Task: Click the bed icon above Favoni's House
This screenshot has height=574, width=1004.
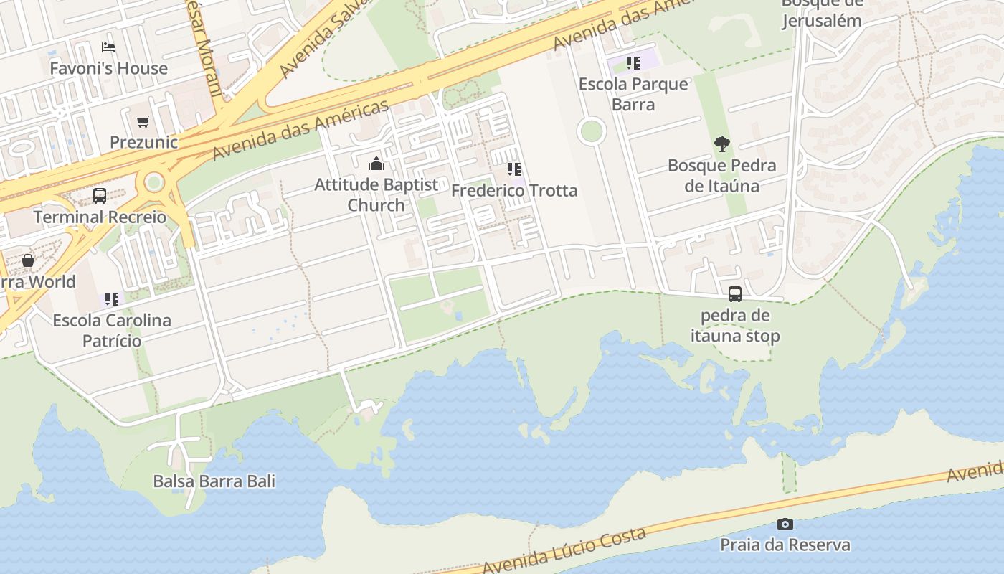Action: pos(108,47)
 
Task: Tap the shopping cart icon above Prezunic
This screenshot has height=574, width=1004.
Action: pos(143,121)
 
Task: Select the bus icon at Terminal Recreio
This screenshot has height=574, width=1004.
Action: pos(100,195)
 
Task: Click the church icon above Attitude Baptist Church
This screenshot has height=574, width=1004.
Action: pos(376,164)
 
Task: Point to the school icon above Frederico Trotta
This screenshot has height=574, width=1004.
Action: pos(513,169)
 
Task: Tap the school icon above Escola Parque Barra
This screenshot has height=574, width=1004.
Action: pos(633,63)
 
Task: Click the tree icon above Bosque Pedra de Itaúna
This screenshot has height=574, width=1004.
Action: pos(721,144)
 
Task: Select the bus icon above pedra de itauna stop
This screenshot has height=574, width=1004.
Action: pos(735,293)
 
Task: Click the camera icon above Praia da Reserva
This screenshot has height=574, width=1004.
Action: pos(785,524)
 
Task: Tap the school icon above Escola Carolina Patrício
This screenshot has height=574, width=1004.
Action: pos(111,298)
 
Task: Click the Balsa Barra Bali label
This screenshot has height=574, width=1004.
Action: pos(214,481)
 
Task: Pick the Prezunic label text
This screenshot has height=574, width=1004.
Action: pos(143,142)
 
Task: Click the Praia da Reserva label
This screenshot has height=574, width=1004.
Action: pos(785,545)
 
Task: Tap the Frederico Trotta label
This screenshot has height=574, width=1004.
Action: pos(514,191)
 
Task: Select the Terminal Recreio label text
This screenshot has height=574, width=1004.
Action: pos(100,217)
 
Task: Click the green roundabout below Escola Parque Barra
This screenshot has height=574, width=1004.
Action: pos(591,131)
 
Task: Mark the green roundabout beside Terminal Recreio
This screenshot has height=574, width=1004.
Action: pos(153,182)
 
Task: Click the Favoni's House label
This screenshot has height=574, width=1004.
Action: pos(108,68)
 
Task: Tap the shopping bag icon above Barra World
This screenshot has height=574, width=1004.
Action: pos(28,260)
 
